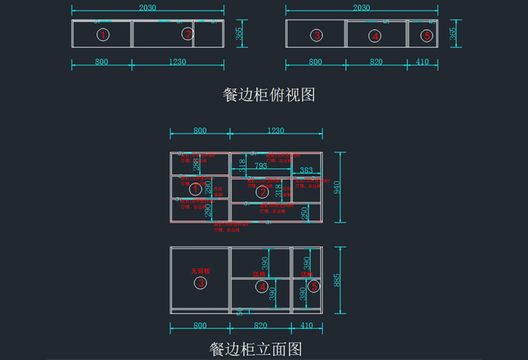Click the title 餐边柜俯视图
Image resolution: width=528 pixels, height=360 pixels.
[269, 95]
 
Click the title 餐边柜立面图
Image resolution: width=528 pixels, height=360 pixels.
[256, 349]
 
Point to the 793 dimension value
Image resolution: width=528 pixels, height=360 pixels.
[260, 165]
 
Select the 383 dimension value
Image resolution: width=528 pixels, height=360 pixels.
[306, 171]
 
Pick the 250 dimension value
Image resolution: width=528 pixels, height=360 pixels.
[305, 214]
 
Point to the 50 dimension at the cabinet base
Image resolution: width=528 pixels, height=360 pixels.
[240, 310]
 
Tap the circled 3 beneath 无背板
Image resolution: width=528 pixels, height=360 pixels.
[201, 283]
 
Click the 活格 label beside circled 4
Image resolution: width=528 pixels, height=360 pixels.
[260, 275]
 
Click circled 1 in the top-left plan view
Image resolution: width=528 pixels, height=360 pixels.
[104, 35]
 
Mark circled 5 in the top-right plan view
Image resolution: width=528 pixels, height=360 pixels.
[427, 35]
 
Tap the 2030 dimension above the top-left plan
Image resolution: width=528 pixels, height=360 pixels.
[148, 8]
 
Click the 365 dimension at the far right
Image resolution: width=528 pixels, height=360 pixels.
[453, 34]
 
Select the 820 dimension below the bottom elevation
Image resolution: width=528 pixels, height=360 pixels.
[260, 325]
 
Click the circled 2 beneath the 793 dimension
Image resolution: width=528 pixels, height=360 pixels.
[262, 192]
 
